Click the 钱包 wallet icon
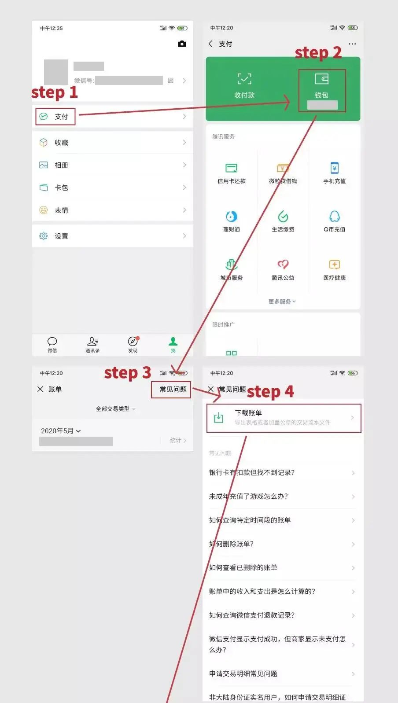coord(321,80)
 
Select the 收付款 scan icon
coord(244,79)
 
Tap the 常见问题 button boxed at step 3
coord(173,390)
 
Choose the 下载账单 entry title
coord(248,413)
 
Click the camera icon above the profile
coord(182,44)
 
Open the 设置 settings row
coord(62,236)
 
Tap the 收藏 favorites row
coord(62,143)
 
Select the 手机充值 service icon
coord(335,168)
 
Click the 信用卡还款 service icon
coord(232,168)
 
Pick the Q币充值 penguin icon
coord(335,217)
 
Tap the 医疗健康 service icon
coord(335,265)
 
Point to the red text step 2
coord(318,53)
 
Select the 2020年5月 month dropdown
coord(61,431)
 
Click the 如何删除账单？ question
coord(232,544)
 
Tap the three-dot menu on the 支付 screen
coord(352,44)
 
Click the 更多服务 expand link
coord(282,302)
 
